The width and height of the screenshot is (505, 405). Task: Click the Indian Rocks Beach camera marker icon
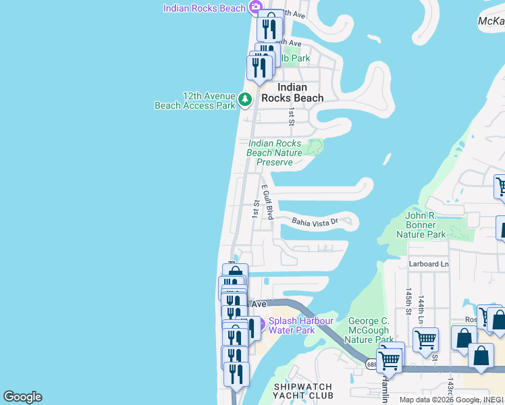[255, 7]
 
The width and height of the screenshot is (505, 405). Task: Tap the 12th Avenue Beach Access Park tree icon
[244, 101]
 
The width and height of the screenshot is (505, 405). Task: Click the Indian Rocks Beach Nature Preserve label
[274, 153]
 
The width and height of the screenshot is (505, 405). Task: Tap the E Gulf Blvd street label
[267, 202]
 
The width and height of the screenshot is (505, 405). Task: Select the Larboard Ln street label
[429, 264]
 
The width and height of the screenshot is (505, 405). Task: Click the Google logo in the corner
[22, 397]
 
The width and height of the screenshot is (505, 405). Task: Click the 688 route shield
[373, 364]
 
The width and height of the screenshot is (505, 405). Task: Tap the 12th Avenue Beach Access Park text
[195, 101]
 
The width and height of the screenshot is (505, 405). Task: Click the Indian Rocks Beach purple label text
[205, 7]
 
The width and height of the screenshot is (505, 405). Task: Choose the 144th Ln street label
[421, 308]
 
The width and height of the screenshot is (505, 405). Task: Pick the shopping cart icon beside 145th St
[425, 341]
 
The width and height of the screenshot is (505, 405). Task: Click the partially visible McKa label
[491, 22]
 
